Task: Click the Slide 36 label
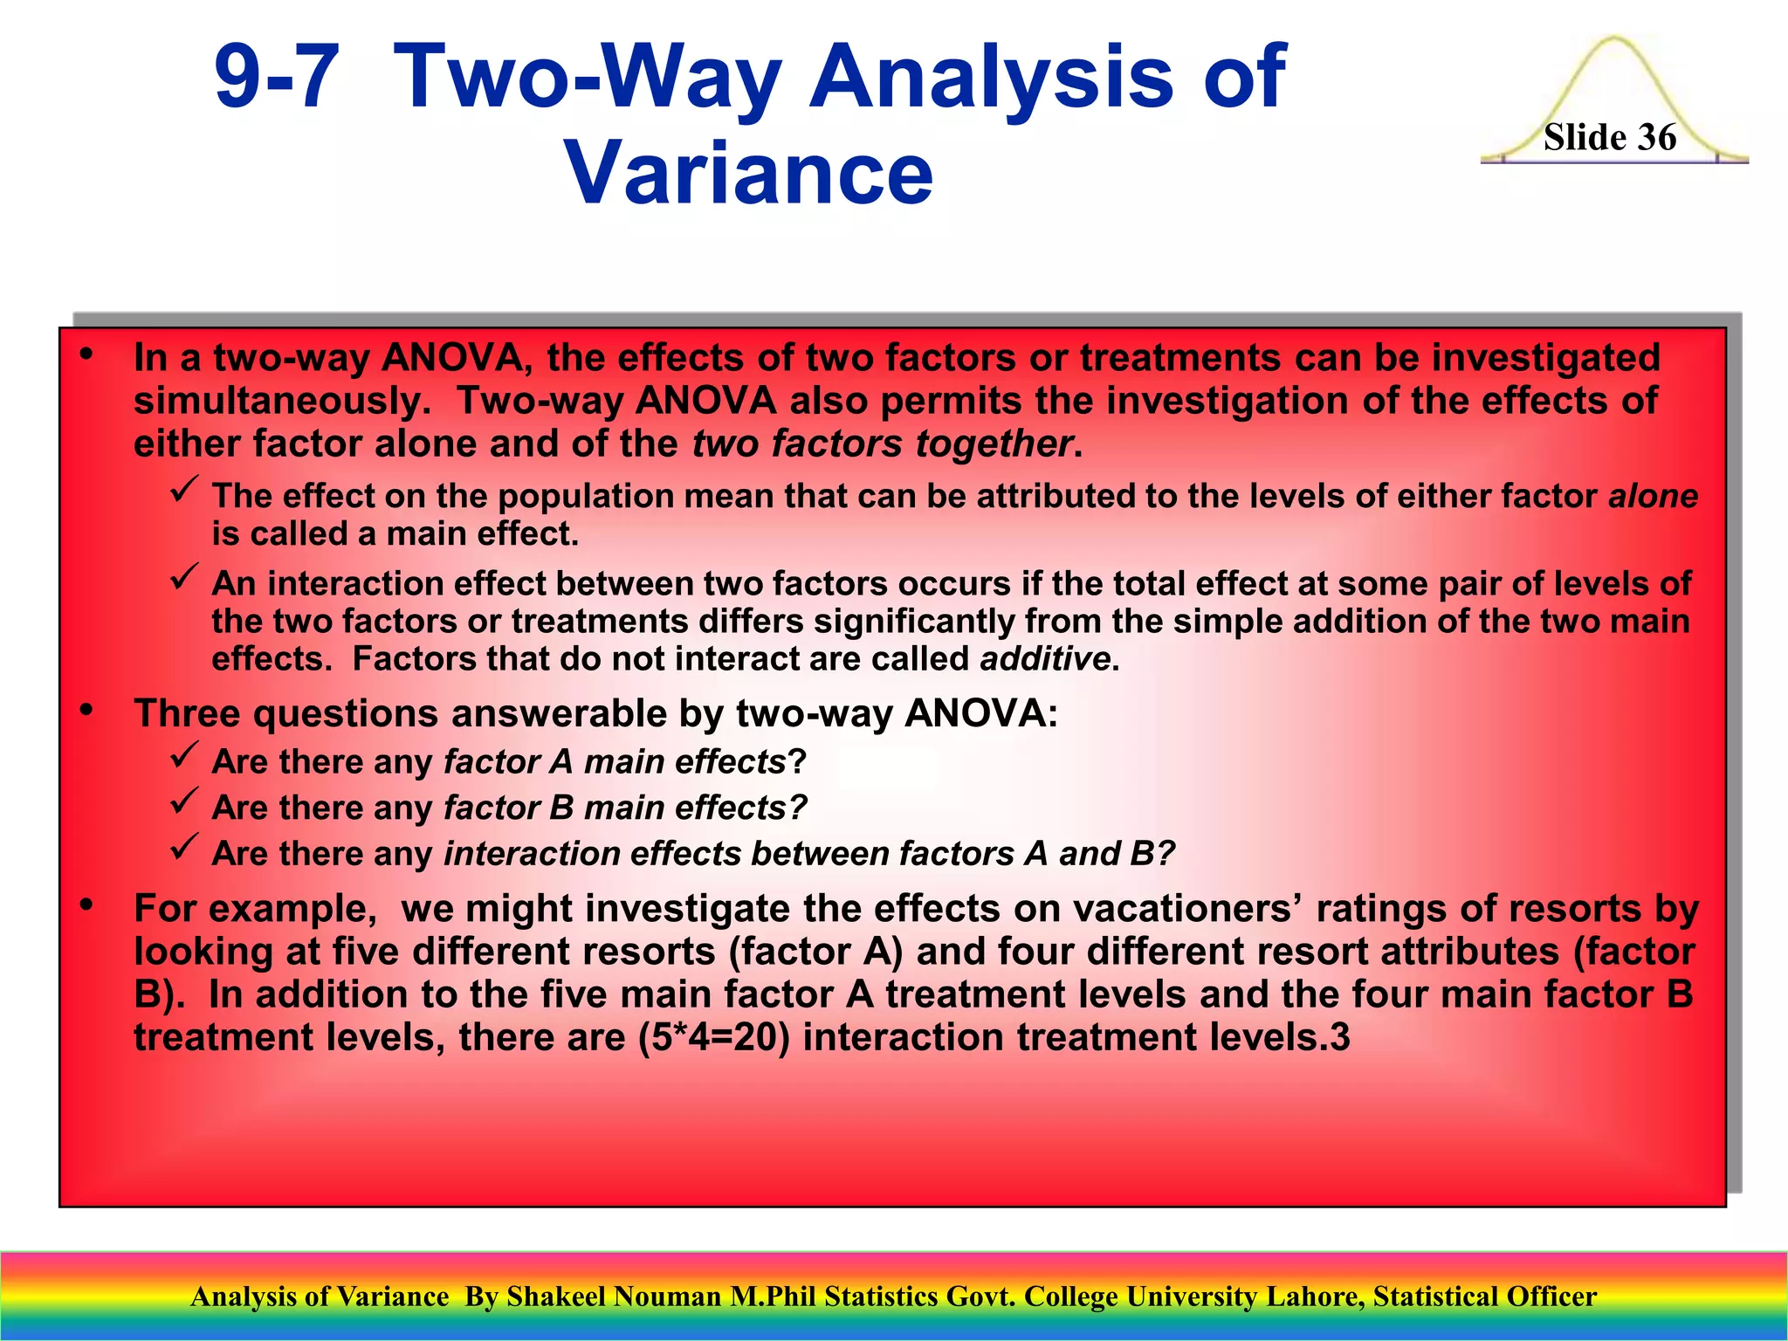pyautogui.click(x=1609, y=138)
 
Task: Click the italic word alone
pyautogui.click(x=1653, y=496)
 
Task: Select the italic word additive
pyautogui.click(x=1044, y=659)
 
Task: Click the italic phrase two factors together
pyautogui.click(x=882, y=444)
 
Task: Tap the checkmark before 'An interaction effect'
pyautogui.click(x=184, y=577)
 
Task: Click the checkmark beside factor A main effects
pyautogui.click(x=184, y=756)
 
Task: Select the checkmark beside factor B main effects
pyautogui.click(x=184, y=801)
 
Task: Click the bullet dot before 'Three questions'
pyautogui.click(x=86, y=711)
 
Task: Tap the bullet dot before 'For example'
pyautogui.click(x=86, y=905)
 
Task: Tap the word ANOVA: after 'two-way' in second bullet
pyautogui.click(x=980, y=713)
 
